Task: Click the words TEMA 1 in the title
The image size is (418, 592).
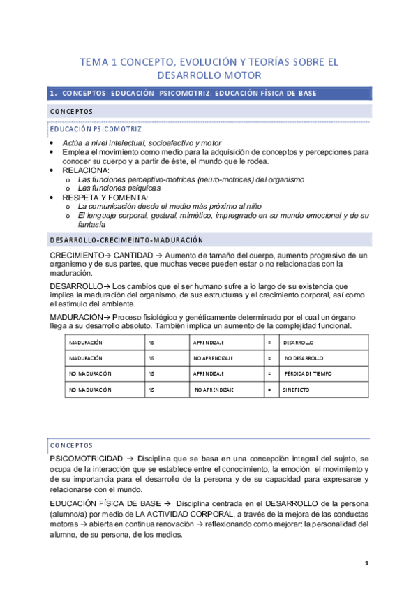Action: [x=97, y=62]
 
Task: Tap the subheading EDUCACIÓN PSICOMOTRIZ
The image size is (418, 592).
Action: [x=96, y=129]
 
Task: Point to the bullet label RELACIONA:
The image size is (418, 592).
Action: [x=86, y=170]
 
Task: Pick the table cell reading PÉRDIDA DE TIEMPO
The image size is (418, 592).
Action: [x=308, y=374]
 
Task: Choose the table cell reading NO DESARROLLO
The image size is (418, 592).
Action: [x=304, y=358]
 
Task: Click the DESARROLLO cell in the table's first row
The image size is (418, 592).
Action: [x=299, y=343]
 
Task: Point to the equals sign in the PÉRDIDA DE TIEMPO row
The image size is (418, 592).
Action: [x=269, y=374]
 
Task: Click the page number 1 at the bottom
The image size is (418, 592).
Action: [x=366, y=563]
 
